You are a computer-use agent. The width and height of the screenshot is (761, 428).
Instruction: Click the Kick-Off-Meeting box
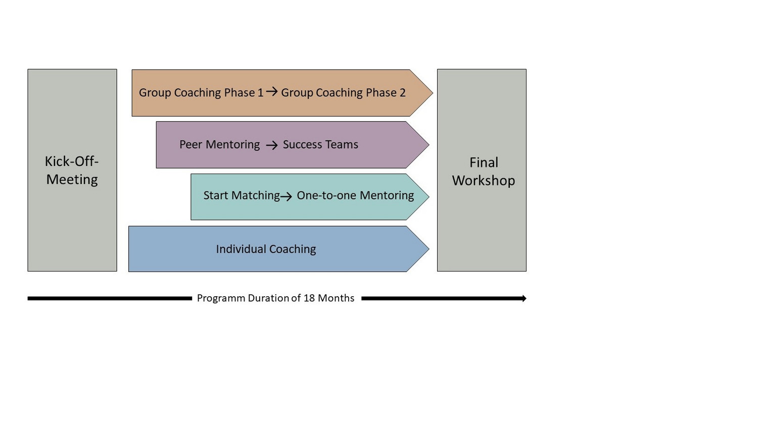[x=72, y=170]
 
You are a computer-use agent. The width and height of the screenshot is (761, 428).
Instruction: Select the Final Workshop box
[x=482, y=171]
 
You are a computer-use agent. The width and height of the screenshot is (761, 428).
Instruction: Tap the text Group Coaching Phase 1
[x=201, y=93]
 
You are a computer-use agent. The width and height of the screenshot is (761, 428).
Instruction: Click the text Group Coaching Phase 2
[x=343, y=93]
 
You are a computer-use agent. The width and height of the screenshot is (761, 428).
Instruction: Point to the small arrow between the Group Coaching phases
[x=272, y=91]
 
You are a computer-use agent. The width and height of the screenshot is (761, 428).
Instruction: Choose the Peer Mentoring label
[x=219, y=145]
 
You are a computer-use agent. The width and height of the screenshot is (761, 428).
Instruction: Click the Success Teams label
[x=320, y=145]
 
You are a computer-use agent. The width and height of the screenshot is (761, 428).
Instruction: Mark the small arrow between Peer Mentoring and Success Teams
[x=272, y=145]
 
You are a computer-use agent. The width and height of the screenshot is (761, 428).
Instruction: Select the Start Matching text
[x=242, y=195]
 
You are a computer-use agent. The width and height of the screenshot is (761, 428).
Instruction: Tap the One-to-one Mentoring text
[x=355, y=195]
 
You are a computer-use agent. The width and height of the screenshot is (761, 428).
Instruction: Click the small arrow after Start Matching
[x=286, y=197]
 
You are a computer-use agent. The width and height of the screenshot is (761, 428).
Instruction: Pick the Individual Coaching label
[x=266, y=249]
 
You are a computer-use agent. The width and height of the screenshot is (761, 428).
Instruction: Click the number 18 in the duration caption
[x=309, y=298]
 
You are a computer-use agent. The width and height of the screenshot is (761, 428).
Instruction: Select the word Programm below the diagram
[x=220, y=298]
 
